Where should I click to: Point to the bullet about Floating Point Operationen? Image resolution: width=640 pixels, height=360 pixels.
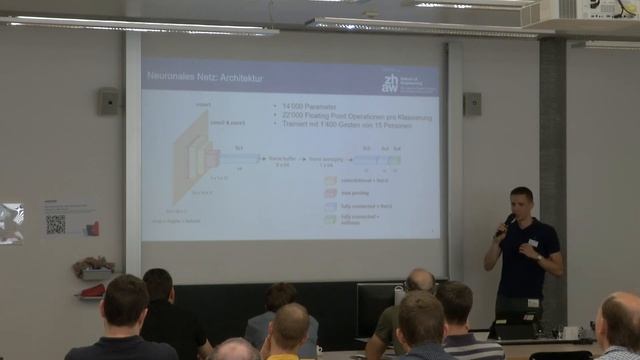pyautogui.click(x=354, y=114)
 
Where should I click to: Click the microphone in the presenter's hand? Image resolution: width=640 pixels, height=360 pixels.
pyautogui.click(x=504, y=224)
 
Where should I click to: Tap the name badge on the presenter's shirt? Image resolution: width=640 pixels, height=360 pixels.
pyautogui.click(x=534, y=242)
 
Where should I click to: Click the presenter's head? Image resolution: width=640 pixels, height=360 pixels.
pyautogui.click(x=521, y=201)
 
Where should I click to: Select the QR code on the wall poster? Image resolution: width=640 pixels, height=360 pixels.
pyautogui.click(x=55, y=225)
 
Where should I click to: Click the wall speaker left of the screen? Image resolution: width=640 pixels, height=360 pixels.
pyautogui.click(x=108, y=101)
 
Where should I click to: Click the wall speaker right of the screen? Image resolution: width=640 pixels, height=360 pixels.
pyautogui.click(x=472, y=103)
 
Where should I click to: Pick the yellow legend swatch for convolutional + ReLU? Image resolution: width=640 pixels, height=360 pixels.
pyautogui.click(x=330, y=180)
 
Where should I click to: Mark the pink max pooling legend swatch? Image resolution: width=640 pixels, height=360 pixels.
pyautogui.click(x=330, y=193)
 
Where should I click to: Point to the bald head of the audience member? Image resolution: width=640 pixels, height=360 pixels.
pyautogui.click(x=420, y=281)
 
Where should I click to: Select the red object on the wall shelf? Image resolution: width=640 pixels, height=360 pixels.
pyautogui.click(x=92, y=290)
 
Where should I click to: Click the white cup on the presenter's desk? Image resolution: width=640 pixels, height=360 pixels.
pyautogui.click(x=570, y=332)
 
